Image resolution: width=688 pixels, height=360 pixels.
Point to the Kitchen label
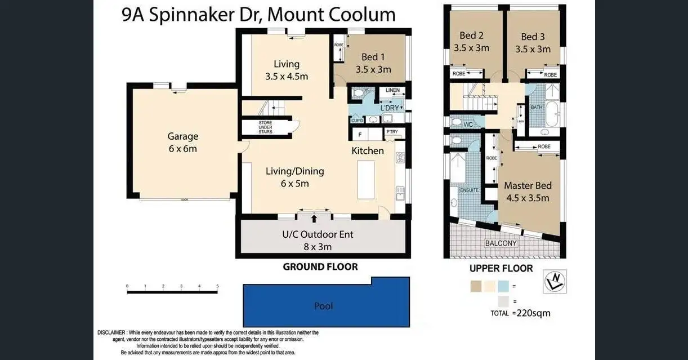click(368, 150)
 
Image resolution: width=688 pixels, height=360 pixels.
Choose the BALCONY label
click(501, 243)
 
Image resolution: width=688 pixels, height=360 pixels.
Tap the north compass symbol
click(555, 281)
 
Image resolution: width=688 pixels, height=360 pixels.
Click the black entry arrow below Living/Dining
click(314, 218)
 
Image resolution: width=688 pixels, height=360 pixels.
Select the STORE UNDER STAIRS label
click(265, 127)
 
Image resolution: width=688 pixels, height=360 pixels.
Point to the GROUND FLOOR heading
click(320, 266)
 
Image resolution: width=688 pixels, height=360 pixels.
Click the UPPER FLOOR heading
click(501, 268)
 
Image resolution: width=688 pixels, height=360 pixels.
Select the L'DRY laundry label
click(389, 108)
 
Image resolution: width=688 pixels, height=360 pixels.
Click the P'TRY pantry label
click(392, 132)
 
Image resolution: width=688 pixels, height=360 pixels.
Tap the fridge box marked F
click(360, 135)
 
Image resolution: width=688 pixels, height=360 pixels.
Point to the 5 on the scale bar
click(217, 286)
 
